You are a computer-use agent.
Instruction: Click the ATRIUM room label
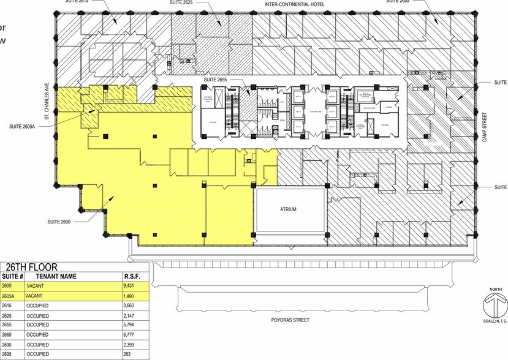tap(288, 209)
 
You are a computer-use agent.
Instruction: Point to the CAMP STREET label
tap(483, 127)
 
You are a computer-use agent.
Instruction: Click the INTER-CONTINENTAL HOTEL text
tap(294, 4)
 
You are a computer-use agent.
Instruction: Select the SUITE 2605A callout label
tap(25, 127)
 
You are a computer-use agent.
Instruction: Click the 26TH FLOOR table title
tap(31, 267)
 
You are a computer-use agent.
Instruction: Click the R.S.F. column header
tap(132, 276)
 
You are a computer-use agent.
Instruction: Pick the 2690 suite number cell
tap(7, 344)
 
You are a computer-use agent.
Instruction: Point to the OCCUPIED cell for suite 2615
tap(38, 305)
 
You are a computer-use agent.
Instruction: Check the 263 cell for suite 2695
tap(128, 354)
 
